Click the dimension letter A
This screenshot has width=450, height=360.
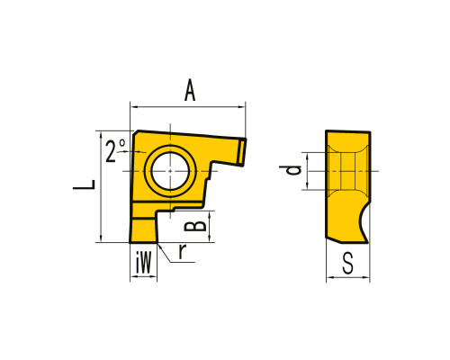190,90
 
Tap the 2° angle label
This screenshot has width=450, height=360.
115,150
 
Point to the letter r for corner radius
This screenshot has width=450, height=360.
183,251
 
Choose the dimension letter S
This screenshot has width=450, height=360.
348,263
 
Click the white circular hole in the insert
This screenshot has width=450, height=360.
170,171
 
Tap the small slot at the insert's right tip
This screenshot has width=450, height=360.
241,152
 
